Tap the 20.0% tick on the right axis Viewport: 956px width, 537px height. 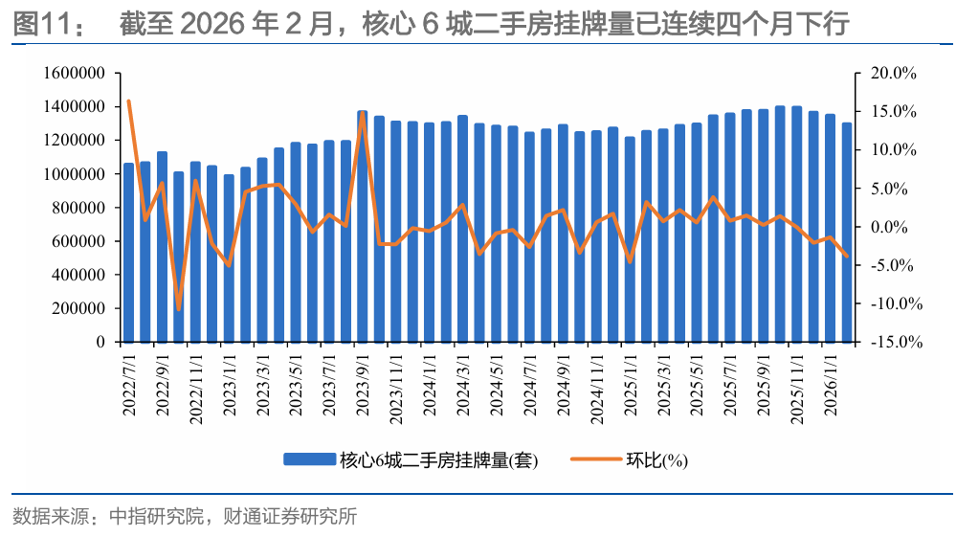pyautogui.click(x=894, y=74)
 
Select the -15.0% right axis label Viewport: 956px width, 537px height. pyautogui.click(x=892, y=342)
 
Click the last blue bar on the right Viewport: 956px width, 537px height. pyautogui.click(x=847, y=233)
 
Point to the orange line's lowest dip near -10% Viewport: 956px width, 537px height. pyautogui.click(x=179, y=309)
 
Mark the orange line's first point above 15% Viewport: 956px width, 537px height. pyautogui.click(x=128, y=101)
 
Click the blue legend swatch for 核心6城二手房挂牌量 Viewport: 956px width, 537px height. pyautogui.click(x=310, y=460)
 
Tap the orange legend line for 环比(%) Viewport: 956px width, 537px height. pyautogui.click(x=595, y=460)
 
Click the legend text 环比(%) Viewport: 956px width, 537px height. pyautogui.click(x=656, y=460)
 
